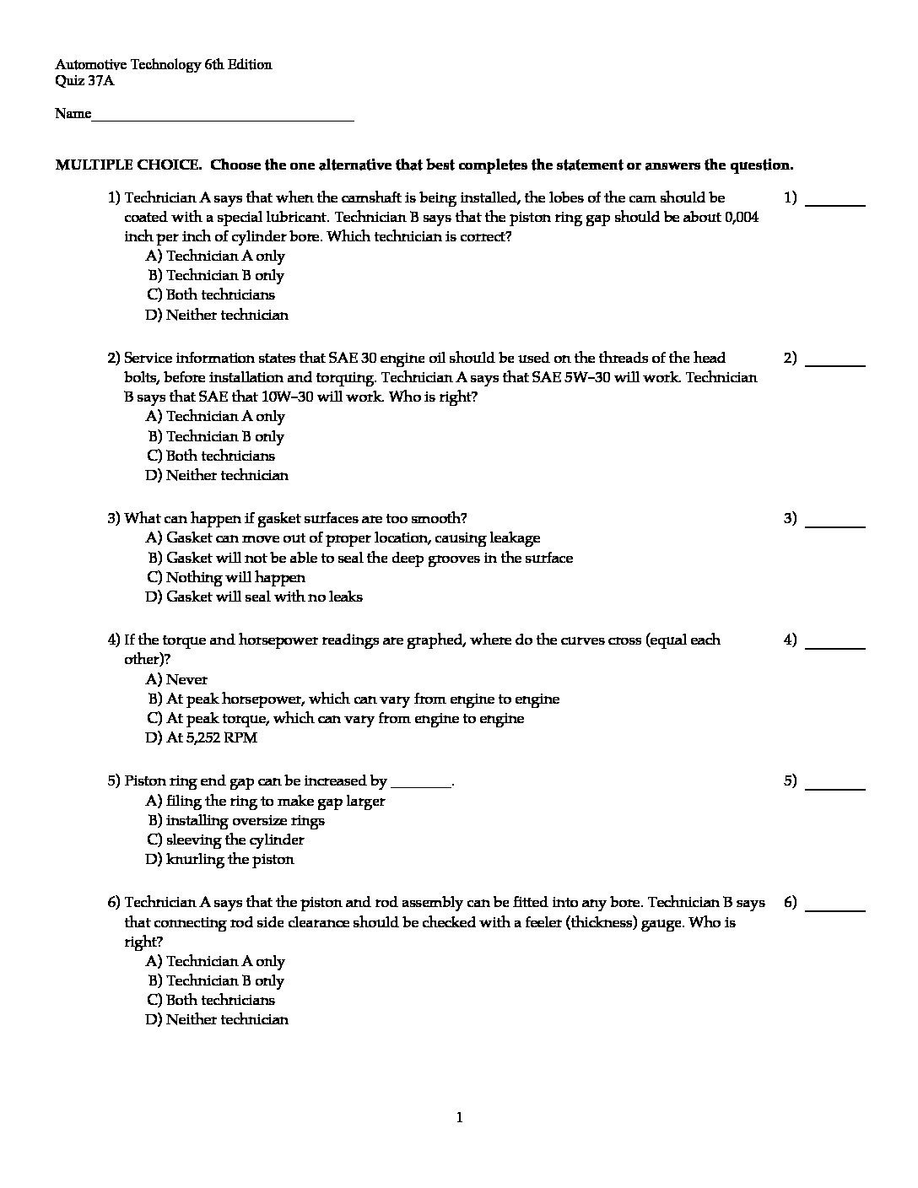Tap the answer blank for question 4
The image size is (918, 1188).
point(835,645)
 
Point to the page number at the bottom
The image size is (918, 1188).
point(459,1119)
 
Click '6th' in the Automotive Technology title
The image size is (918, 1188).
point(214,65)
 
